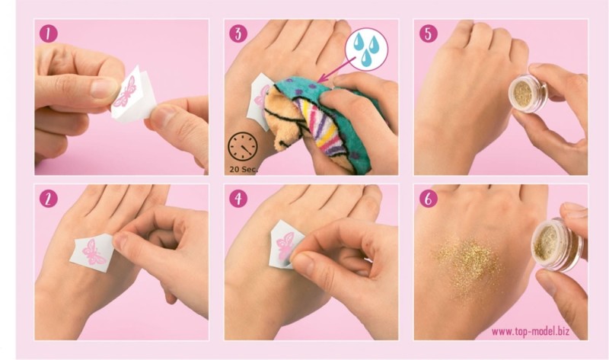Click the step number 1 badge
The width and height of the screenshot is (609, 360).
[49, 33]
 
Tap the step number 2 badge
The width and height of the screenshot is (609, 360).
[49, 199]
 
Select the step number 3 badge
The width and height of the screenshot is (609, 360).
[238, 33]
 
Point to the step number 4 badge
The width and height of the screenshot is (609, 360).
[238, 199]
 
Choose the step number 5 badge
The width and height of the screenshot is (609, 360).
[429, 33]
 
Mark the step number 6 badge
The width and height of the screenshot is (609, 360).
[429, 199]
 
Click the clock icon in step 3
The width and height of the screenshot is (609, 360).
[242, 147]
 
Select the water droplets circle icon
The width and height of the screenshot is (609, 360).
[366, 49]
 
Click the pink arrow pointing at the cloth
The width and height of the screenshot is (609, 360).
[336, 70]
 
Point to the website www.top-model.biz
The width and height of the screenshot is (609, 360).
[530, 331]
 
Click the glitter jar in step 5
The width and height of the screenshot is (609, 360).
[528, 93]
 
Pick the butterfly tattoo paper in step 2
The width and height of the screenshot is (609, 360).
[92, 253]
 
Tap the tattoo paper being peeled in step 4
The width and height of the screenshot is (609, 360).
[285, 244]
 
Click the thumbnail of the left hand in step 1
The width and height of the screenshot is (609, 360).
[104, 88]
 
